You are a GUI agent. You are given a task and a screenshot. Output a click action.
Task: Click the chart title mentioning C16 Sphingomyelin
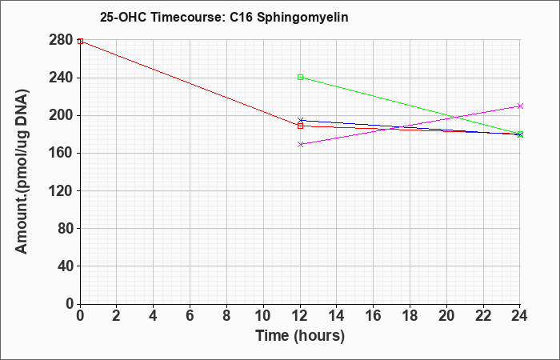pos(224,17)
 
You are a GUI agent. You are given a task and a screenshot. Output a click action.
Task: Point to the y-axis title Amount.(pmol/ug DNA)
pos(22,172)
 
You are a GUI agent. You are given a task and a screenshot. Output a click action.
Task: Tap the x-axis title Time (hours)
pos(300,336)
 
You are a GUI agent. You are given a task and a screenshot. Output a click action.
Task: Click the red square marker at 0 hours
pos(80,41)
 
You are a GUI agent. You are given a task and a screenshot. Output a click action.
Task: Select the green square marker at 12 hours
pos(300,77)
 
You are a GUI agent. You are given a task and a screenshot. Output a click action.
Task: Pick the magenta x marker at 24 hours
pos(520,106)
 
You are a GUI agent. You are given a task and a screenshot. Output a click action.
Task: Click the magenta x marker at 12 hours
pos(300,144)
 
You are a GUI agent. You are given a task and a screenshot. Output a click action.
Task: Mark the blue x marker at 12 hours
pos(300,120)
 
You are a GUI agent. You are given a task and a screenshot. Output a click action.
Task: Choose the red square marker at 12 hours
pos(300,126)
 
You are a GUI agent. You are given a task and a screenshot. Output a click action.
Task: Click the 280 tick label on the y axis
pos(61,40)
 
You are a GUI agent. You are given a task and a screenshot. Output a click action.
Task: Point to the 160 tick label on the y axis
pos(61,154)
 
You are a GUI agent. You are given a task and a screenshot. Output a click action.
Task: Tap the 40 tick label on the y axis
pos(66,266)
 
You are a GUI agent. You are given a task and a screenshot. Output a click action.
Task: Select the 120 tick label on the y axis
pos(61,190)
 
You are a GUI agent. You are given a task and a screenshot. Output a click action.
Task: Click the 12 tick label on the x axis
pos(300,316)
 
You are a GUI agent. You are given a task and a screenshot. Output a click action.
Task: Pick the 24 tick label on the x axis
pos(519,316)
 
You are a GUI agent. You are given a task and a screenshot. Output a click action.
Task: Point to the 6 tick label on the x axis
pos(190,316)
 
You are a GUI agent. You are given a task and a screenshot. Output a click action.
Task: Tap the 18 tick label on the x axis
pos(410,316)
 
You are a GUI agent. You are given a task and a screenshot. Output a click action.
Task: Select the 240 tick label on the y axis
pos(61,78)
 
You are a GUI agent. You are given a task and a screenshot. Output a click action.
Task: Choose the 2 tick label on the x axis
pos(117,316)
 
